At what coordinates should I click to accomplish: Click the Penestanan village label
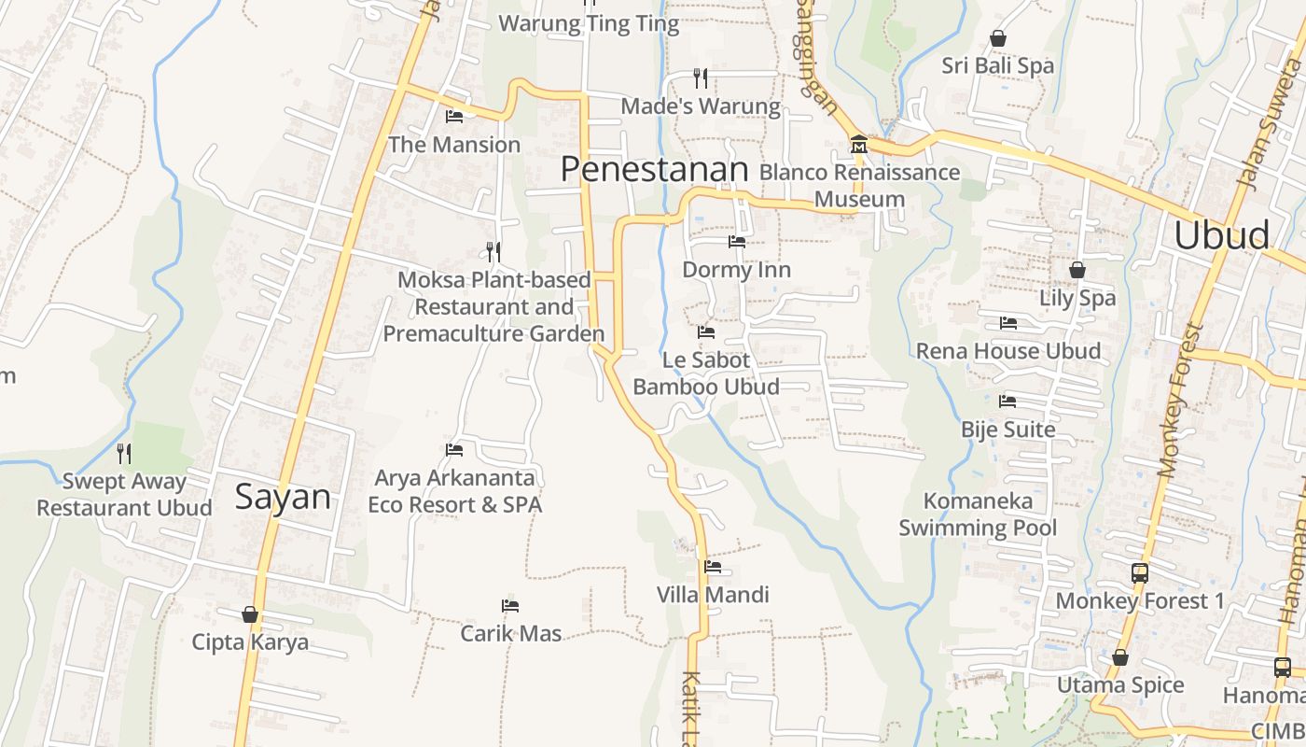654,169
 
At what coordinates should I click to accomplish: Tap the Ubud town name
1221,235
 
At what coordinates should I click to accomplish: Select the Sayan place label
283,496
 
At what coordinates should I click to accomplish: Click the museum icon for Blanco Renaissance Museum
858,145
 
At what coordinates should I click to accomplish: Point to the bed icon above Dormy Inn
737,242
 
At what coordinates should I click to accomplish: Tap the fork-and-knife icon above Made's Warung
701,78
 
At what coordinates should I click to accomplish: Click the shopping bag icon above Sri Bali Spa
998,38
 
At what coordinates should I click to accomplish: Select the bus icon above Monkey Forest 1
1139,572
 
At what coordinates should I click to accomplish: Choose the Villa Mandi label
713,595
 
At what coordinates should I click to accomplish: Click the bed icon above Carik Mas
510,606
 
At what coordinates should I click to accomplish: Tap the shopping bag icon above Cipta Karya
250,614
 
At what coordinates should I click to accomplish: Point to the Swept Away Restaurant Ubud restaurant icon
124,454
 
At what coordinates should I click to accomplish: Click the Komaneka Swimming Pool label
978,514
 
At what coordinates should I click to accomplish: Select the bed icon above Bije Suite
1007,402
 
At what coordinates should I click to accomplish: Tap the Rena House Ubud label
1008,351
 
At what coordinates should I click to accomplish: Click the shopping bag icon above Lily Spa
1077,270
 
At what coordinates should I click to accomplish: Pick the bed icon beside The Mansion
454,117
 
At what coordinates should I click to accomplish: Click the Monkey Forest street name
1181,402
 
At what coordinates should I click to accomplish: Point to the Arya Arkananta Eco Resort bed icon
454,450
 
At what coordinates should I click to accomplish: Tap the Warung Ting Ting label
589,23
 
